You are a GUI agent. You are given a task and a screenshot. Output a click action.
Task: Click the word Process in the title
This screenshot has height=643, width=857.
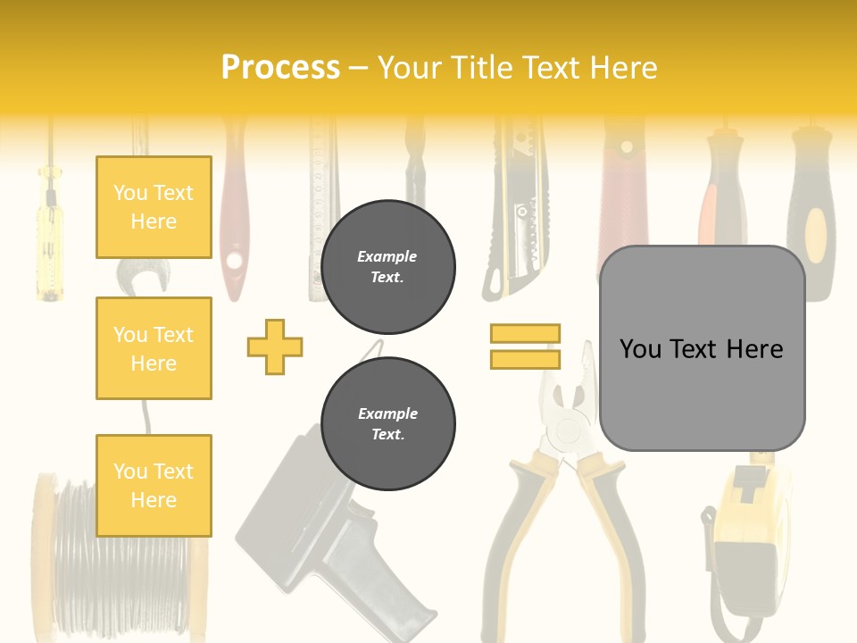(x=280, y=68)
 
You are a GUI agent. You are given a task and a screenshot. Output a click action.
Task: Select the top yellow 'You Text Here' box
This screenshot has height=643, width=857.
(x=154, y=207)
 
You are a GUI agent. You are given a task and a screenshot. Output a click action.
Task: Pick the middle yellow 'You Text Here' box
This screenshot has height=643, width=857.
(x=154, y=348)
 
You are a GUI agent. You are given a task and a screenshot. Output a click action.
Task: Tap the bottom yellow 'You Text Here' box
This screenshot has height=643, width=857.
(x=154, y=485)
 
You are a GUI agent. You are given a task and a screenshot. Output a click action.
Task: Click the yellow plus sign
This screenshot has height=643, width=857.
(x=275, y=347)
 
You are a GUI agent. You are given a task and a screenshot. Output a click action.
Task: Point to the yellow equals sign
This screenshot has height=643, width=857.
(x=525, y=347)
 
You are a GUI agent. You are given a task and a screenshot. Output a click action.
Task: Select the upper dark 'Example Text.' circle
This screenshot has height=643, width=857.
(x=387, y=267)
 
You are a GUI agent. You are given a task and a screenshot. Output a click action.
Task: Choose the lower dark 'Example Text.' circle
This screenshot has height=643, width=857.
(x=387, y=423)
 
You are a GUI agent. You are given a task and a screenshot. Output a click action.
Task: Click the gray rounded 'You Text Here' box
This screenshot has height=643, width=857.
(x=702, y=348)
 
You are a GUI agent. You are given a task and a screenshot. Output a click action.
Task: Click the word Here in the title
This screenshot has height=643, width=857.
(x=622, y=68)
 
